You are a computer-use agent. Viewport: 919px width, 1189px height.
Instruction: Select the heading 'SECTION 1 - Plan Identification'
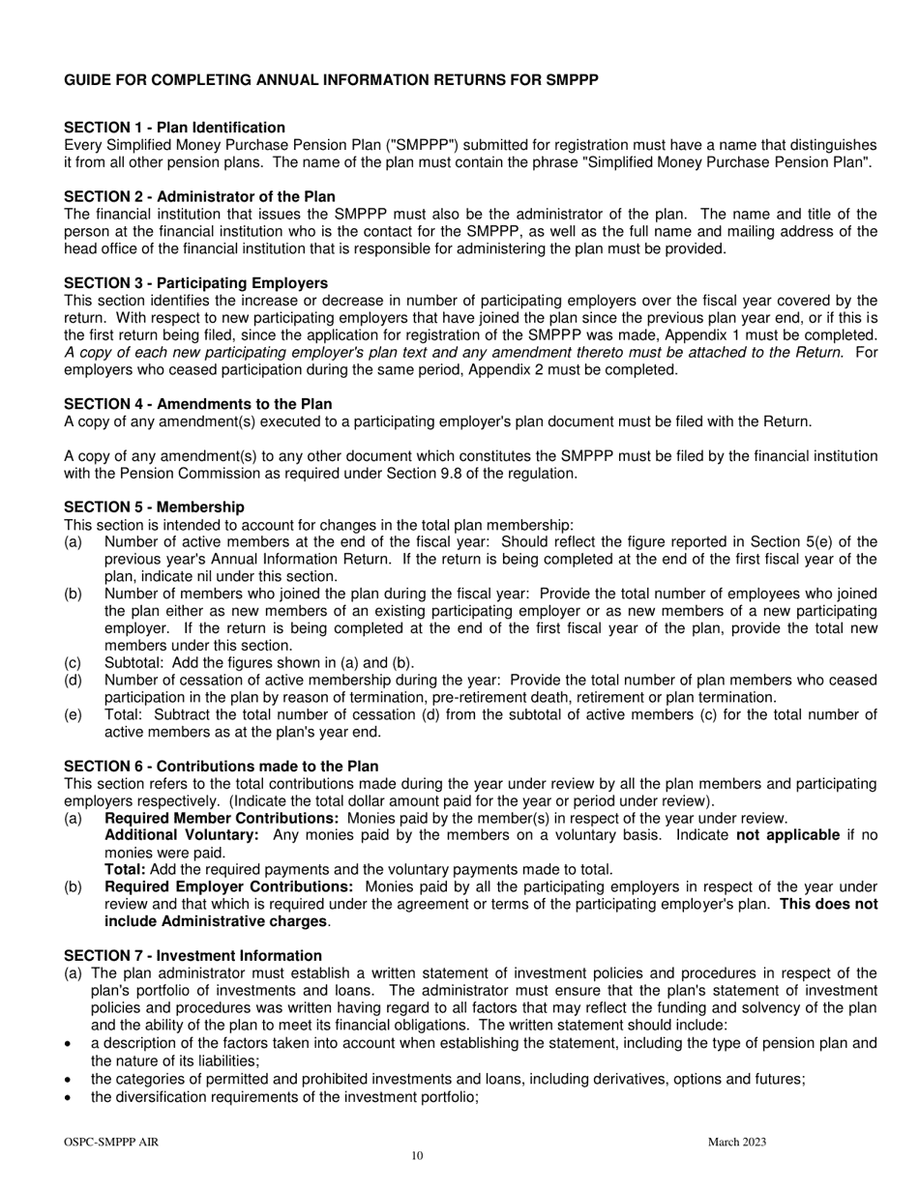pos(174,128)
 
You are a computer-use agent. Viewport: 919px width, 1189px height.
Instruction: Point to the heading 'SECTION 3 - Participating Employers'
pos(195,282)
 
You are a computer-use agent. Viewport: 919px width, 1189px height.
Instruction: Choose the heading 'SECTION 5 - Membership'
pos(154,507)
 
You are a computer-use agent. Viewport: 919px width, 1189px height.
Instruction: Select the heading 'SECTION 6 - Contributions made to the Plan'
pos(221,766)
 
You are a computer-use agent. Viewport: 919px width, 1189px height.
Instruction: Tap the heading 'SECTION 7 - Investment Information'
pos(193,955)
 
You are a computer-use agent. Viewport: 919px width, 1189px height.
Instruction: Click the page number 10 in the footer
pos(417,1156)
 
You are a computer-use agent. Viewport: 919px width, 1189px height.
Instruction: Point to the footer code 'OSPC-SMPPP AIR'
pos(111,1142)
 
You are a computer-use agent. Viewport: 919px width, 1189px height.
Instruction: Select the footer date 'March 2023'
pos(736,1142)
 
